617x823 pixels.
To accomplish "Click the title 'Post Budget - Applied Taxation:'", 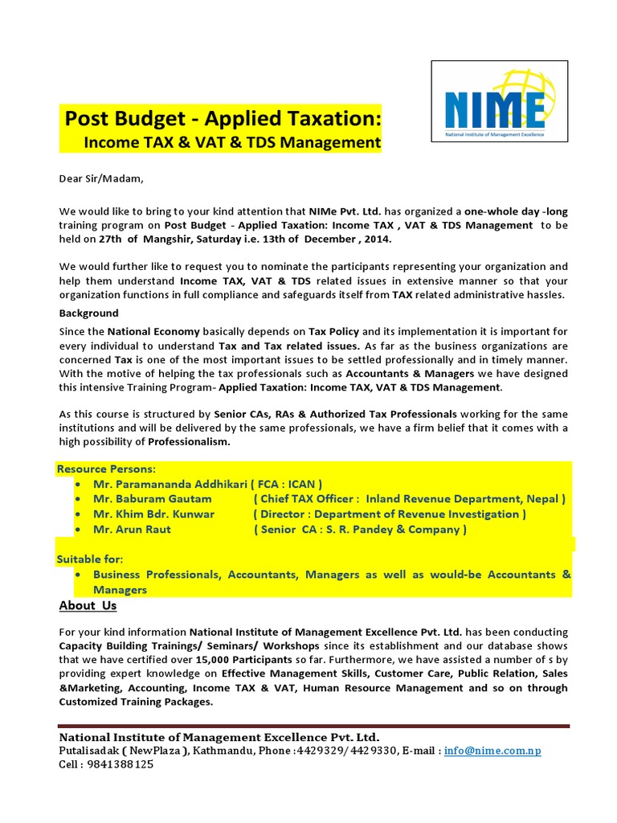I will coord(223,119).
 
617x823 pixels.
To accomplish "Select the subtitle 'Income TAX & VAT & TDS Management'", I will coord(231,143).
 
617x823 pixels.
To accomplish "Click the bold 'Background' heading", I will coord(89,313).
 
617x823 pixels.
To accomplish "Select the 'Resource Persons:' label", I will coord(106,469).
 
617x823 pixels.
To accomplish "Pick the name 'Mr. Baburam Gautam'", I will coord(153,499).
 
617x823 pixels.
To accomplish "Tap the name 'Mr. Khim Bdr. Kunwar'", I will coord(154,514).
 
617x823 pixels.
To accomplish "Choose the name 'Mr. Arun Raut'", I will coord(133,530).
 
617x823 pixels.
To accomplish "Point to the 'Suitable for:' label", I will coord(90,559).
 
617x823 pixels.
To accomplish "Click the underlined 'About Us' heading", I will coord(88,605).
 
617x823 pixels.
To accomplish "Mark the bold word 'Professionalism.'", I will coord(189,442).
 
